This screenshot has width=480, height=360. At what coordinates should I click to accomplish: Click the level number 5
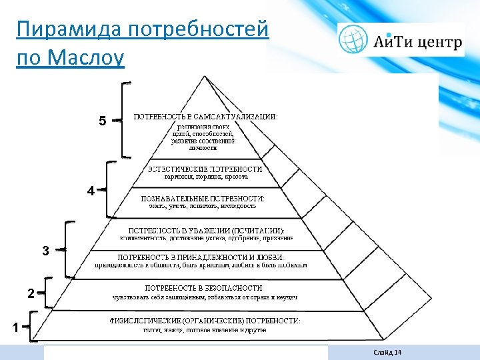(x=102, y=121)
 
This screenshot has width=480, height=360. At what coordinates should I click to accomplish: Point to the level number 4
(x=90, y=191)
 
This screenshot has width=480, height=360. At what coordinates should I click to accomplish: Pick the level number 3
(x=45, y=251)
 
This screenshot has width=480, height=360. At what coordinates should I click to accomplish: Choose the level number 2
(x=31, y=294)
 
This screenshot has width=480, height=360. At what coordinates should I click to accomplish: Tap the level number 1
(x=15, y=327)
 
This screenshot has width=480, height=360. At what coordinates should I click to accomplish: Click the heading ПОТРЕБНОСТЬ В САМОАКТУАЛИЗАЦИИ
(x=206, y=116)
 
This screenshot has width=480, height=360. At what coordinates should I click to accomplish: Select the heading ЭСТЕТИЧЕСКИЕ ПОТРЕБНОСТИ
(x=205, y=169)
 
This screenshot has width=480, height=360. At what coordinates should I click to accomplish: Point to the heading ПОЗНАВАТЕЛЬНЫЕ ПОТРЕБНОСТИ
(x=203, y=198)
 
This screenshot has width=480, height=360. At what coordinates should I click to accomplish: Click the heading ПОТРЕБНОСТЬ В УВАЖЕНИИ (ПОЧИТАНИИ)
(x=205, y=230)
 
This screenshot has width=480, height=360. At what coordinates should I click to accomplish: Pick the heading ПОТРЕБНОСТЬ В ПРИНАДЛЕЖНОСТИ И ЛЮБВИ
(x=201, y=257)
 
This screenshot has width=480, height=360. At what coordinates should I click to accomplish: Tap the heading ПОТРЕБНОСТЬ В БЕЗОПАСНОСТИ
(x=204, y=287)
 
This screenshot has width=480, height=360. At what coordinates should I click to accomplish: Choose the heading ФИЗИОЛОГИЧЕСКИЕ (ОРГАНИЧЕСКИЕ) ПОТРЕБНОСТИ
(x=205, y=321)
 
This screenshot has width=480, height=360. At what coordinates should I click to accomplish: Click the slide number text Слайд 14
(x=389, y=352)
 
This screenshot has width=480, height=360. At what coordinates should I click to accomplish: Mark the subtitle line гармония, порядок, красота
(x=206, y=177)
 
